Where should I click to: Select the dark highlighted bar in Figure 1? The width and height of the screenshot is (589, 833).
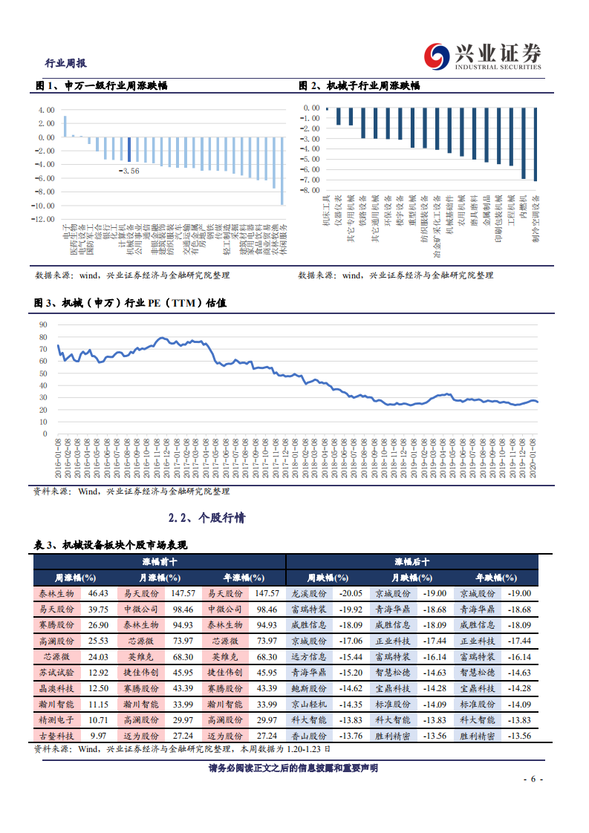coord(128,149)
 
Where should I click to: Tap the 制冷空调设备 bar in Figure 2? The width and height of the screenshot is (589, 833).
coord(536,144)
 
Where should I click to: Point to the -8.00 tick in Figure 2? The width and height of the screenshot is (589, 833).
coord(311,190)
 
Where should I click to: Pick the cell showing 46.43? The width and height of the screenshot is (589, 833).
coord(98,593)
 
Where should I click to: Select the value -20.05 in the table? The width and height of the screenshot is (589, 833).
coord(350,593)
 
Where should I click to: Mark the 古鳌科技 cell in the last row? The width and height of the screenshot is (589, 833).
coord(56,734)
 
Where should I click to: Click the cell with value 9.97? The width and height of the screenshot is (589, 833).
coord(98,734)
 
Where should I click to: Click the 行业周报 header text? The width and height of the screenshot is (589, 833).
coord(66,63)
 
